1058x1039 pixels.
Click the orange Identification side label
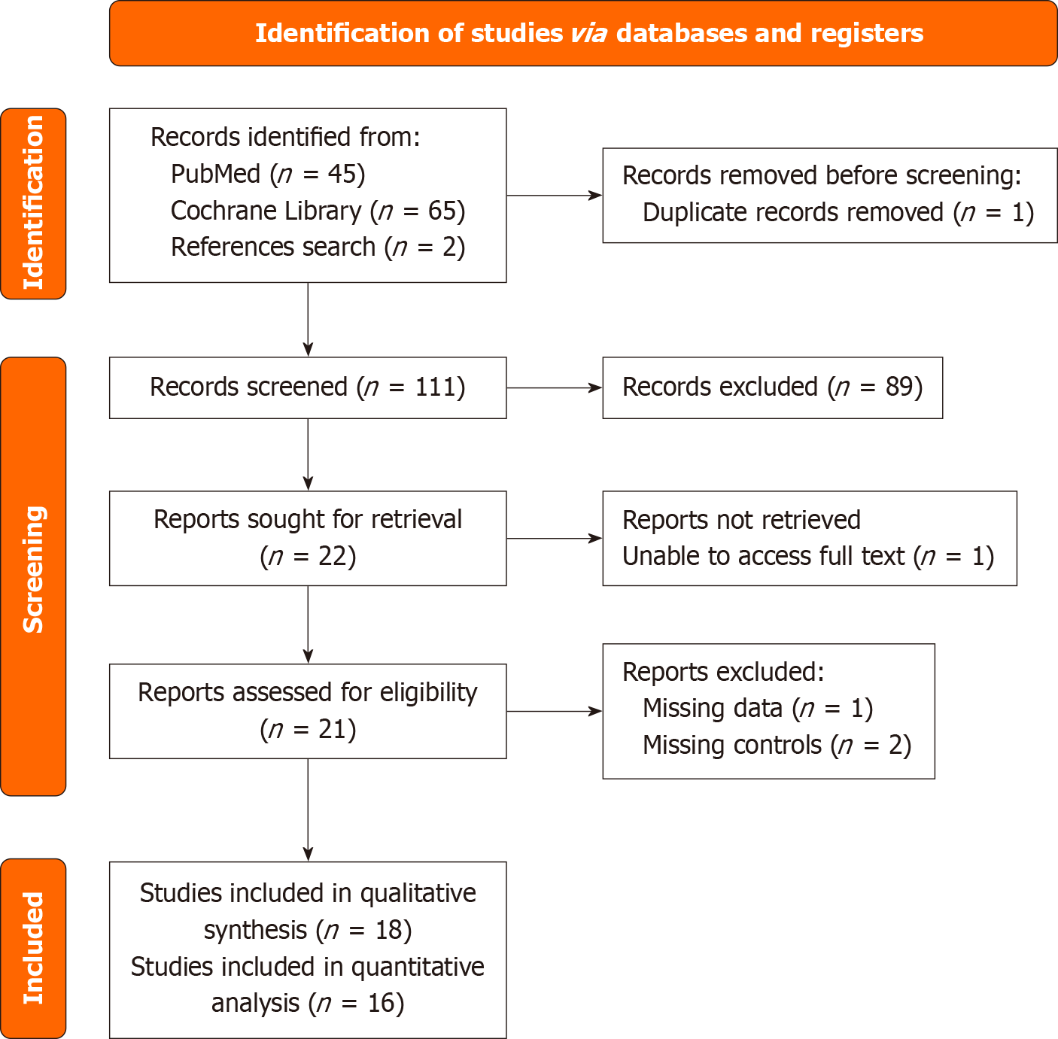click(x=33, y=203)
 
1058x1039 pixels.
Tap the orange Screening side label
click(x=33, y=576)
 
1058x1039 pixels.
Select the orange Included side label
click(x=33, y=948)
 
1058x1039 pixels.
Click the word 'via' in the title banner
click(x=588, y=34)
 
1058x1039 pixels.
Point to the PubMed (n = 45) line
click(x=268, y=174)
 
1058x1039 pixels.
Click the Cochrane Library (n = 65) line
click(x=318, y=211)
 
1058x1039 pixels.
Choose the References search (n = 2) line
click(x=318, y=247)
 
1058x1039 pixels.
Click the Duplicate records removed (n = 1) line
click(x=838, y=213)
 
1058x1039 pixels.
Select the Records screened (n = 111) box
click(x=307, y=387)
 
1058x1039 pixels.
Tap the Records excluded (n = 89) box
click(x=772, y=387)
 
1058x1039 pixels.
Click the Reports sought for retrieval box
click(x=307, y=538)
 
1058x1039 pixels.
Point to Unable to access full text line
click(x=807, y=557)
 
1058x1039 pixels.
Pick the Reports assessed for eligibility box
click(x=307, y=711)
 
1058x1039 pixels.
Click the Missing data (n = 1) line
click(x=757, y=709)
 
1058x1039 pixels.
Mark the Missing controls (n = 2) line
click(x=777, y=746)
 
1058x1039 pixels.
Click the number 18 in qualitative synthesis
click(x=389, y=931)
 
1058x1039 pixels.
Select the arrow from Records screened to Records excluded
click(x=554, y=388)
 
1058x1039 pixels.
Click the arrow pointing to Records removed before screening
click(x=554, y=196)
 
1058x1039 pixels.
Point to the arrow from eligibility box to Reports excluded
click(x=554, y=711)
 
